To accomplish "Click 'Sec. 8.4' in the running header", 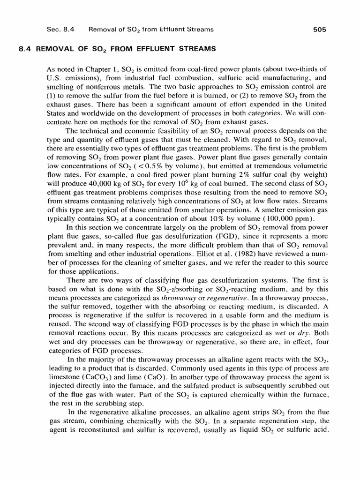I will click(x=60, y=30).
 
